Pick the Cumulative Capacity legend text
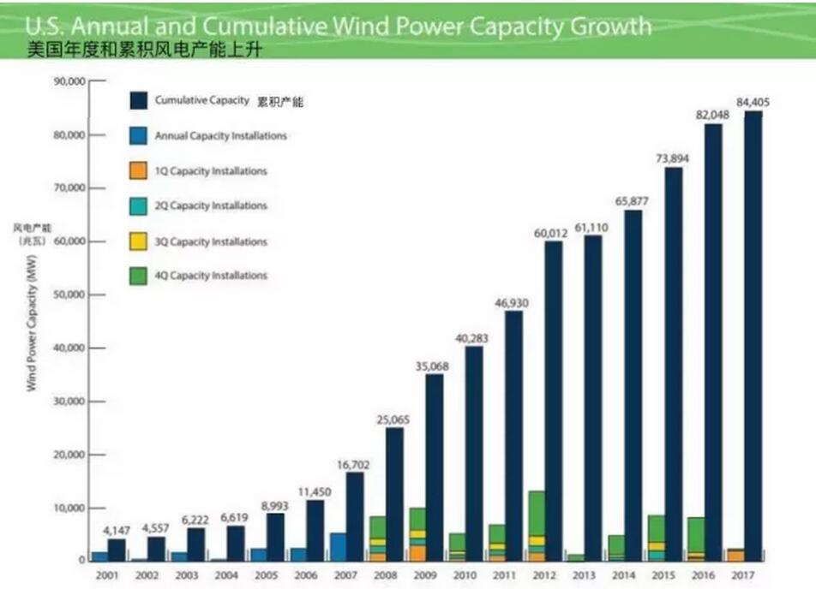[x=201, y=101]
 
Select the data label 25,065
[x=393, y=419]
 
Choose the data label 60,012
[x=553, y=234]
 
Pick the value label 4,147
[x=116, y=531]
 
